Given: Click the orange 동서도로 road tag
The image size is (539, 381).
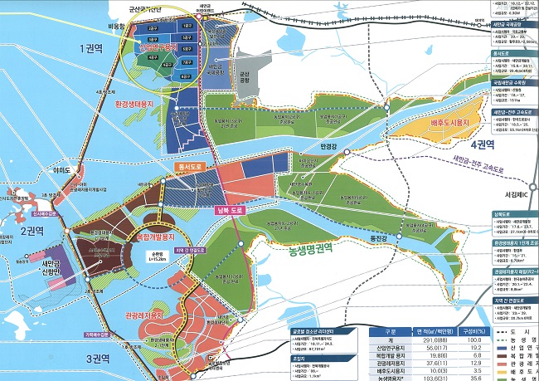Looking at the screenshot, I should click(190, 167).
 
